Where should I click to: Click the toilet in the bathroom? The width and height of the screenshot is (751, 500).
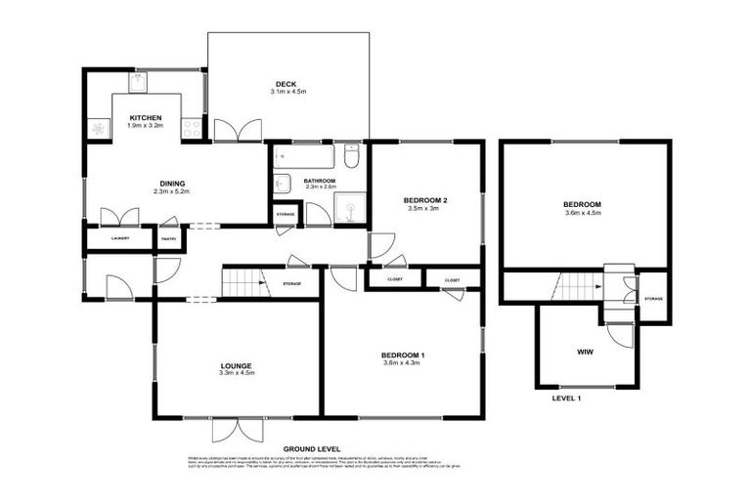pos(352,155)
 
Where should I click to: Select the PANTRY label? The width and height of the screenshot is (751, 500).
pos(168,237)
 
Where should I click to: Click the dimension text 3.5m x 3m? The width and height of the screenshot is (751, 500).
pos(425,209)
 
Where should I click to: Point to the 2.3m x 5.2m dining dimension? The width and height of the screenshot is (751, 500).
pos(171,192)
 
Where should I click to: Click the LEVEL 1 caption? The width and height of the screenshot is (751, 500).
pos(566,399)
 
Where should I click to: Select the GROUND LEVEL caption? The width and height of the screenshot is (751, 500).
pos(311,447)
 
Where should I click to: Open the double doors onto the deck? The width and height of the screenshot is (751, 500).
pos(238,130)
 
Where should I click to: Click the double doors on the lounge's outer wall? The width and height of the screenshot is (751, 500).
pos(236,429)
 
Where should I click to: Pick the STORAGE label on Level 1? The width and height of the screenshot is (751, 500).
pos(653,299)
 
